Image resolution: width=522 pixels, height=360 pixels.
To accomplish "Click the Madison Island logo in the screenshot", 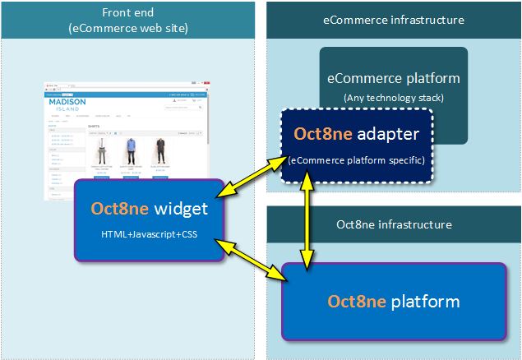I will pos(67,105).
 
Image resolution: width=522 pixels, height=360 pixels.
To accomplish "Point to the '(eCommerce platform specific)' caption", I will pos(357,159).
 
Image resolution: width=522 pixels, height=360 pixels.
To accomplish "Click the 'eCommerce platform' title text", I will pos(394,79).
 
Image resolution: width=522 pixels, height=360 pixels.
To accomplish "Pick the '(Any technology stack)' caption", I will pos(394,99).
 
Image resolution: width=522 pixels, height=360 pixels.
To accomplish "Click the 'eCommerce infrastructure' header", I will pos(394,20).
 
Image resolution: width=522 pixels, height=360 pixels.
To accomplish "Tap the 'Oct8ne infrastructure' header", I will pos(394,224).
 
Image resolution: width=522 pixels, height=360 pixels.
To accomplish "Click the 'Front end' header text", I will pos(128,13).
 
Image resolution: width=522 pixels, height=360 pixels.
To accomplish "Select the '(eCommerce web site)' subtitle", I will pos(128,29).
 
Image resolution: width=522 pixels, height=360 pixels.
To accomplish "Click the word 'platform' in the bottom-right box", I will pos(425,302).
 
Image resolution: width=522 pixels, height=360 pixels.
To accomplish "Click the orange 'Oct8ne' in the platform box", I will pos(357,302).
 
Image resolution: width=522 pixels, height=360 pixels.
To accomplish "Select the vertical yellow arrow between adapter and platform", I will pos(308,221).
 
